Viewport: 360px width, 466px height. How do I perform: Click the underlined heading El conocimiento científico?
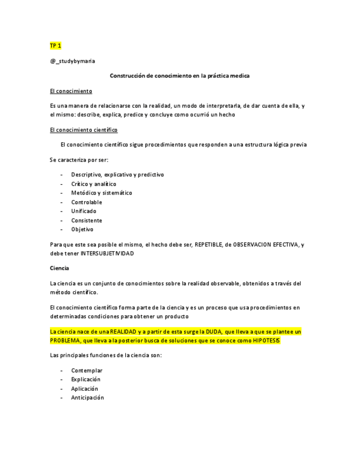point(83,130)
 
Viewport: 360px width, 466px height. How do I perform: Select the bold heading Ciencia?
point(59,268)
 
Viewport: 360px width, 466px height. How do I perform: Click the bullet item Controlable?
point(86,202)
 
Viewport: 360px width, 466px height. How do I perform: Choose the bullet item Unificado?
point(84,211)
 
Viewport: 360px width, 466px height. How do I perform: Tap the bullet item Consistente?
point(86,220)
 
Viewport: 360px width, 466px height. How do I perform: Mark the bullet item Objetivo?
point(82,229)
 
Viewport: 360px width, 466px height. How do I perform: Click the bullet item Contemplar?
point(87,370)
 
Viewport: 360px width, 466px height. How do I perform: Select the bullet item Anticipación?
point(87,397)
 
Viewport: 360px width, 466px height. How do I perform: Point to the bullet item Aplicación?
point(85,389)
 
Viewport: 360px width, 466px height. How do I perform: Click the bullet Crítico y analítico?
point(93,184)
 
